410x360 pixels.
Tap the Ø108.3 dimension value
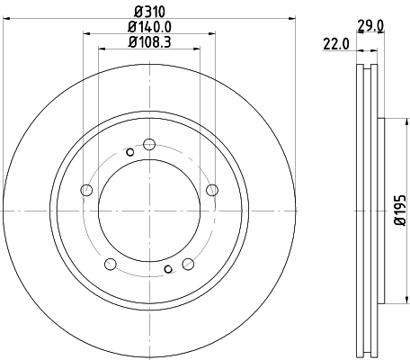[x=148, y=41]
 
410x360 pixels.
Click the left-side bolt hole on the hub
[x=86, y=190]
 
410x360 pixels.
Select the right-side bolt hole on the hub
[x=212, y=189]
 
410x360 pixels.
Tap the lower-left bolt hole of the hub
[x=111, y=264]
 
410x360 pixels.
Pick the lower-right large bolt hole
[x=188, y=264]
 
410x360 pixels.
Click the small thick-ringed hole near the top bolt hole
[x=130, y=152]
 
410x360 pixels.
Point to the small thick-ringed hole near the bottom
[x=168, y=268]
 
